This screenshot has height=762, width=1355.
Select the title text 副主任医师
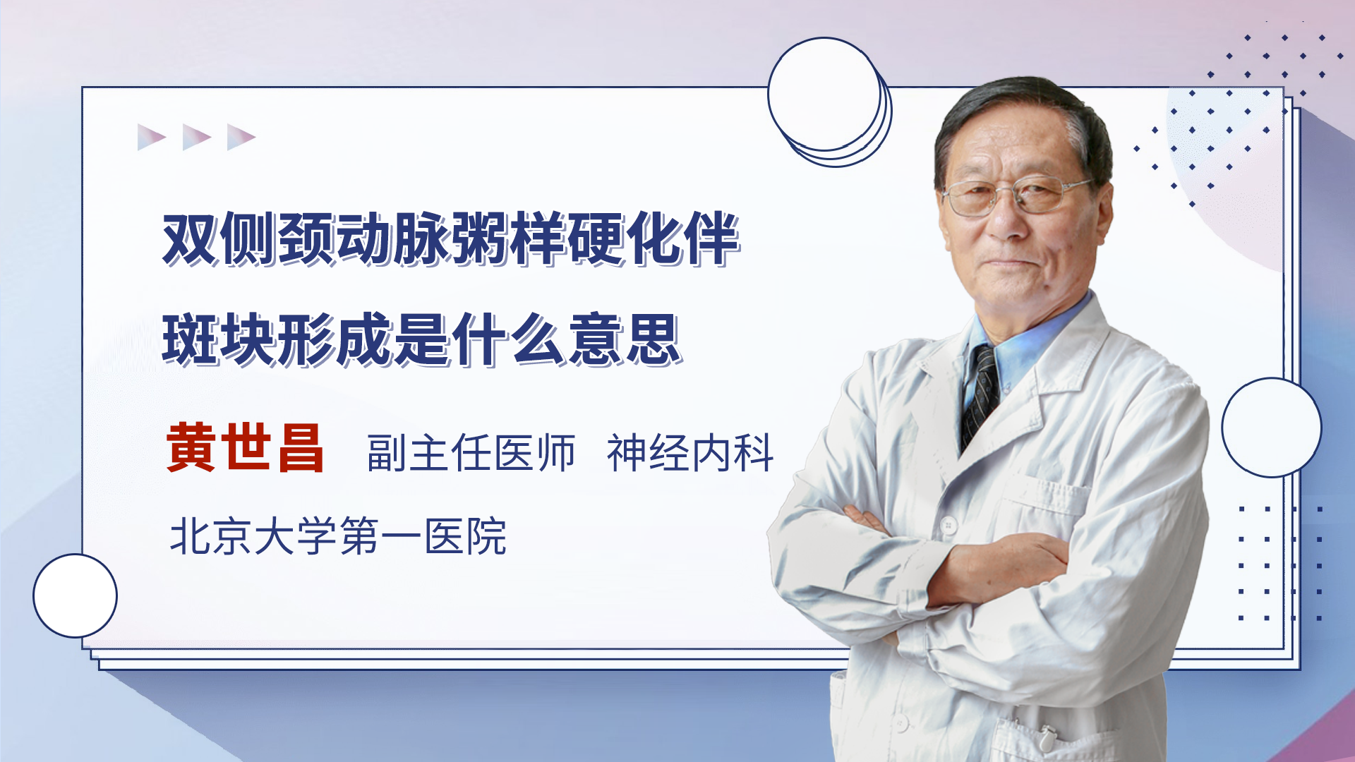(471, 452)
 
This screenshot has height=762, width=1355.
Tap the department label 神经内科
(690, 452)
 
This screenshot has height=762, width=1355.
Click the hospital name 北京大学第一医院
(338, 536)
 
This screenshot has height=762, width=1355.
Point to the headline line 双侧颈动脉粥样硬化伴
(451, 238)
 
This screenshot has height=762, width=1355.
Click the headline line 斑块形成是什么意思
(422, 339)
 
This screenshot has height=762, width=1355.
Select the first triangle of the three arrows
(152, 137)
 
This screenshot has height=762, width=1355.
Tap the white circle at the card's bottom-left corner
(75, 596)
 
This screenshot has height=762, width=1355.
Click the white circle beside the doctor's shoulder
(1272, 428)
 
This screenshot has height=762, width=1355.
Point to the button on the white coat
(948, 526)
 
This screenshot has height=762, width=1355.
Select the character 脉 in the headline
(421, 238)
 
